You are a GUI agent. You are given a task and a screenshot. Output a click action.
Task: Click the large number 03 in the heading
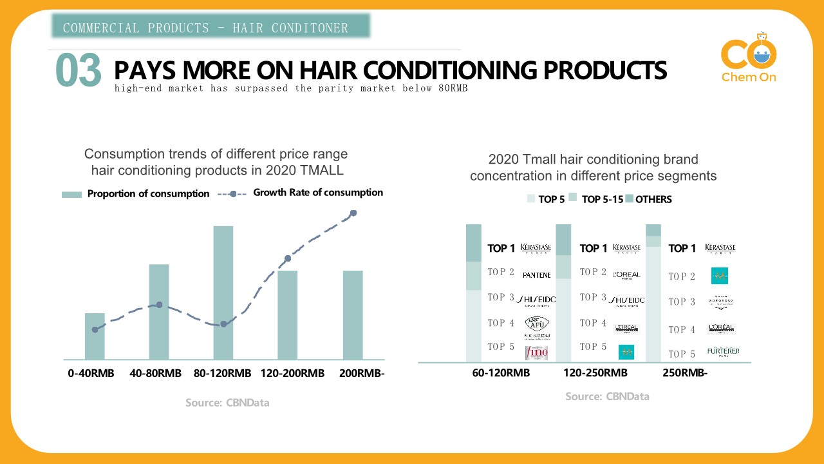(79, 70)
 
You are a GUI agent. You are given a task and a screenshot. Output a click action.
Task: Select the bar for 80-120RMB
(223, 293)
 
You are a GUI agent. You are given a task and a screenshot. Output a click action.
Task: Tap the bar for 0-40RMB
(95, 336)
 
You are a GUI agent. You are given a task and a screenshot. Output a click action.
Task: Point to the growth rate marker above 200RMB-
(353, 213)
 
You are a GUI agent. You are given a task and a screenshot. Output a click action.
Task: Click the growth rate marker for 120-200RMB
(288, 258)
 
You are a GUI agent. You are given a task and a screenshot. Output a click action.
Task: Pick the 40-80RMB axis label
(155, 374)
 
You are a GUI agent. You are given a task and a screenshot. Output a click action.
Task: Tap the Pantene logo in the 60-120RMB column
(536, 275)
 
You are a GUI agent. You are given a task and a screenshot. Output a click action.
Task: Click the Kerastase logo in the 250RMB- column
(720, 249)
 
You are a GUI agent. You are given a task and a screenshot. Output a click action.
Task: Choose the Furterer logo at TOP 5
(723, 352)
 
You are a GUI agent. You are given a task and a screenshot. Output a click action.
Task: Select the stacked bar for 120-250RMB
(563, 293)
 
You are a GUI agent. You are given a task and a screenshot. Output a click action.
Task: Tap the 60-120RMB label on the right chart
(501, 374)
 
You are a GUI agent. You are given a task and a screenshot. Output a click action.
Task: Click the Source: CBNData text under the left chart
(227, 403)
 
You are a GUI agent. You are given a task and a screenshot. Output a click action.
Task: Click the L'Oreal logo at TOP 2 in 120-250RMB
(626, 275)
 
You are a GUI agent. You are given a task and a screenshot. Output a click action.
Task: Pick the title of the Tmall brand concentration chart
(593, 168)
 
